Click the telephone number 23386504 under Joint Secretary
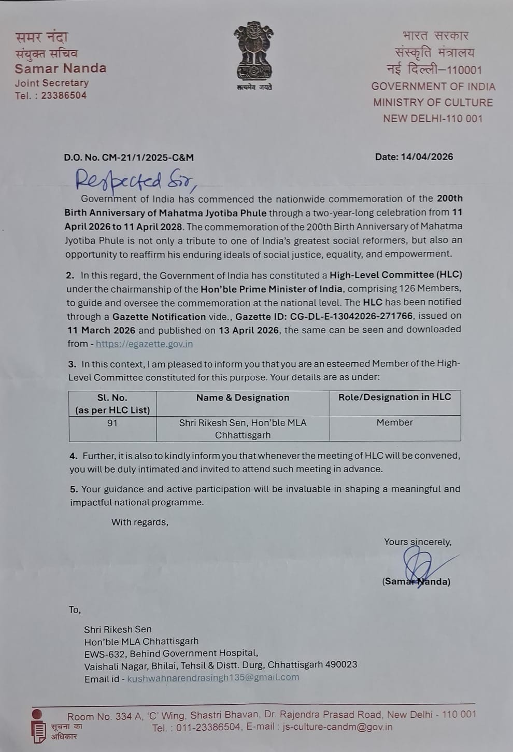[64, 95]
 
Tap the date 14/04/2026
[427, 157]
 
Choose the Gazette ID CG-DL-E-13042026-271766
[324, 316]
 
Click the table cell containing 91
[112, 423]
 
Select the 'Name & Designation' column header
[243, 398]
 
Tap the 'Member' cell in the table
[394, 422]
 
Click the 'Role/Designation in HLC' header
[394, 397]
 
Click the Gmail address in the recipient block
[213, 677]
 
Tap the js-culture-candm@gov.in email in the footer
[337, 727]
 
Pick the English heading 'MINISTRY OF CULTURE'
[433, 103]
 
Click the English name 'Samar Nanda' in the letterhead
[61, 68]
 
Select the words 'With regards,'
[139, 522]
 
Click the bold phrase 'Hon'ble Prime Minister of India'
[272, 289]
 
